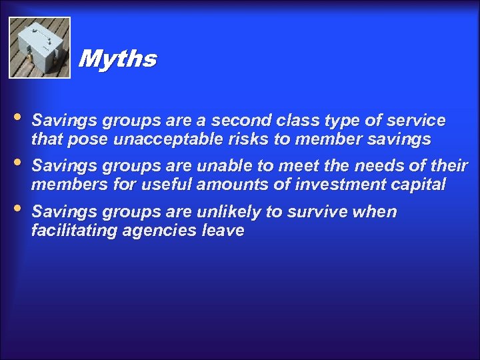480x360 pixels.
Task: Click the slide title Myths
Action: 117,59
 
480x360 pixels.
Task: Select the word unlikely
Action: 227,212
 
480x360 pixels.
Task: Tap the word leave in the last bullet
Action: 223,231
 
